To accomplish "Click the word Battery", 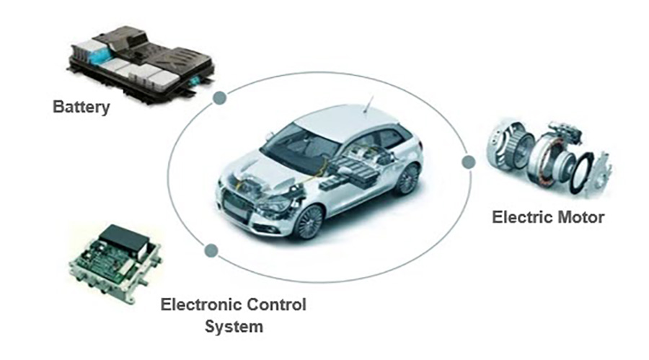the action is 81,107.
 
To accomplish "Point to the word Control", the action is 276,305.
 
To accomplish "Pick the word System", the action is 234,326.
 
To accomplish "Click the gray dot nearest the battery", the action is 220,98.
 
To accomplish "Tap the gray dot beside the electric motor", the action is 468,162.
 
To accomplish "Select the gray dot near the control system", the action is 211,250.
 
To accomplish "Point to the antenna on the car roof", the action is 368,104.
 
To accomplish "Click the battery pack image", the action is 141,63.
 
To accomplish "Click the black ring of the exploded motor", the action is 581,172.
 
